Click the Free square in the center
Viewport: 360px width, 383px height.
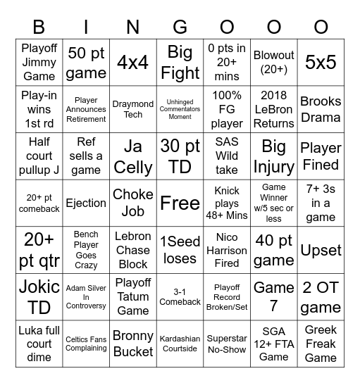pos(180,203)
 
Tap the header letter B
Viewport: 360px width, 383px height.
pos(39,27)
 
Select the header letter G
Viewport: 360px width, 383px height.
pos(180,27)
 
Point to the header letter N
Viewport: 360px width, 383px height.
pos(132,27)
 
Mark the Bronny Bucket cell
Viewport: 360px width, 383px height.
pos(132,344)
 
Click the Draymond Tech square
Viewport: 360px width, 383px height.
pos(132,108)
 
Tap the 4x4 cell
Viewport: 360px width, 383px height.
pos(132,62)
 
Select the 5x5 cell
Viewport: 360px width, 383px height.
pos(321,62)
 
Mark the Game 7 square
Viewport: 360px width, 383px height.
pos(273,296)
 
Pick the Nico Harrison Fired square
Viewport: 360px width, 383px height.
pos(227,250)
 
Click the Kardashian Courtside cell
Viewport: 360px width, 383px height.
pos(180,344)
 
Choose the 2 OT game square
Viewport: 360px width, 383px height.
pos(321,296)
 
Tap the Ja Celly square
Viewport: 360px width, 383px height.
pos(132,156)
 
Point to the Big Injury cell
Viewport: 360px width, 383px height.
pos(273,156)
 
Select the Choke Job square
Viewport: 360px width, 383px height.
pos(132,203)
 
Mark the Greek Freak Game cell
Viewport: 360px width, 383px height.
pos(321,344)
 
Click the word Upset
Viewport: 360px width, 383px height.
pos(321,250)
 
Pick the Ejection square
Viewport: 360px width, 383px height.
pos(86,203)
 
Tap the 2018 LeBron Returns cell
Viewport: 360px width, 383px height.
pos(273,108)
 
